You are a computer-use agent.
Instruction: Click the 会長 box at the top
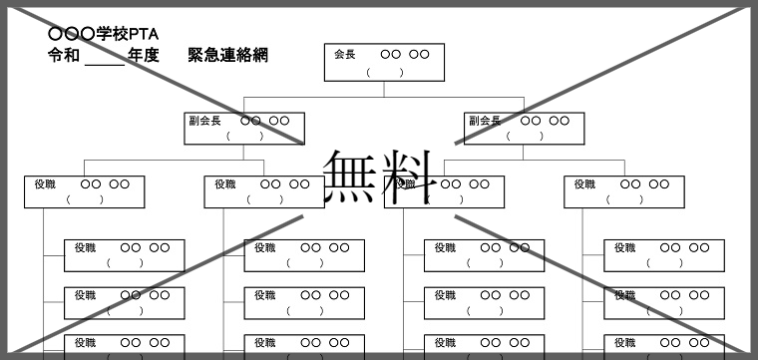384,62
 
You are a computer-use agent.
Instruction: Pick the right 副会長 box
524,128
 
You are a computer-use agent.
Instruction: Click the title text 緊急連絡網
227,55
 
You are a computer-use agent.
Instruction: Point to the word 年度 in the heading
144,55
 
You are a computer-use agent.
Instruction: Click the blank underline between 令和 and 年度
104,60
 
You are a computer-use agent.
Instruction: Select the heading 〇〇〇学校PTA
104,34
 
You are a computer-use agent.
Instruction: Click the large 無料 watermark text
380,178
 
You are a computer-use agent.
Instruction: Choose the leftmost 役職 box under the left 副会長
84,191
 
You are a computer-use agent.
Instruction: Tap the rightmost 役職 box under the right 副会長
624,191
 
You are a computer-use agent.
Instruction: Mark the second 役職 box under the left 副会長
264,191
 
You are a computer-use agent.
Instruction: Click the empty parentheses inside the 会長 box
384,72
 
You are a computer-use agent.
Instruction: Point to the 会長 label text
344,54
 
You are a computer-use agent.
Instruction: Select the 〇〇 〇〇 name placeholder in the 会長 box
405,54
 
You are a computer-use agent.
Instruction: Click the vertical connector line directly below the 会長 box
384,90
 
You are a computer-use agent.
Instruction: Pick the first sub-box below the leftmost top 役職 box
124,254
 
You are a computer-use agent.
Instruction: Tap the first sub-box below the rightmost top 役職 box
664,254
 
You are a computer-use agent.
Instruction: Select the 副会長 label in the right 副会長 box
484,121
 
